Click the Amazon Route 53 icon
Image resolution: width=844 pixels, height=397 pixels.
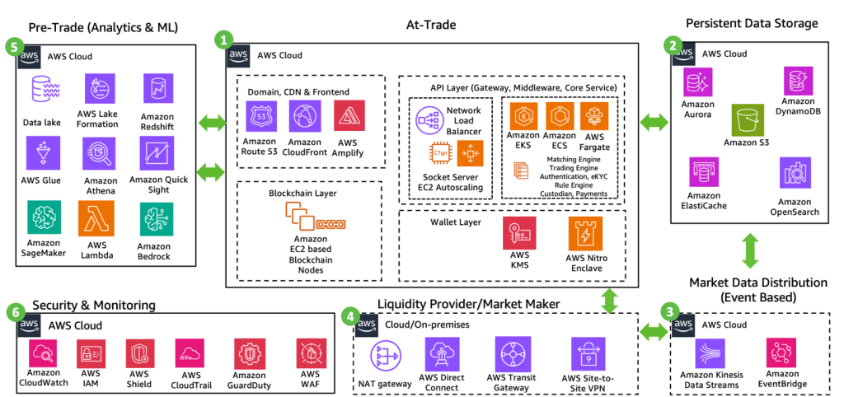[x=261, y=116]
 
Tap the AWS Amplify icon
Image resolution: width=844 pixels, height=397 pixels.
[x=350, y=116]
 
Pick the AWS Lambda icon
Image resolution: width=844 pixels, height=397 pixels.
[x=96, y=220]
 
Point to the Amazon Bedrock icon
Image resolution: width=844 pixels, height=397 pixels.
[x=154, y=220]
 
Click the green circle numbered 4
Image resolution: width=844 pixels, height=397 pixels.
[x=350, y=316]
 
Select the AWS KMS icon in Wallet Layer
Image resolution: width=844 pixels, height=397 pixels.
[x=520, y=233]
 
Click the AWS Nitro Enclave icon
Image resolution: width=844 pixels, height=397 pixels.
[x=584, y=233]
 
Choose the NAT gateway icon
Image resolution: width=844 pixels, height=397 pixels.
[x=383, y=354]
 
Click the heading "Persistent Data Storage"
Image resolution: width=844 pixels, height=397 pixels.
[x=751, y=24]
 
